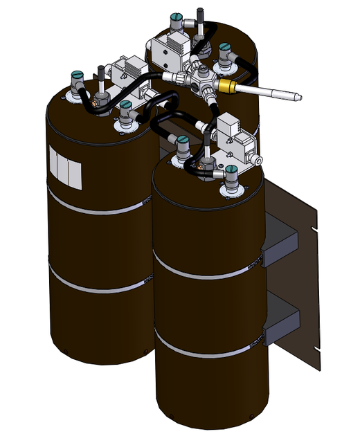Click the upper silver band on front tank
click(x=208, y=272)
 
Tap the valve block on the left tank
click(x=128, y=71)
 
